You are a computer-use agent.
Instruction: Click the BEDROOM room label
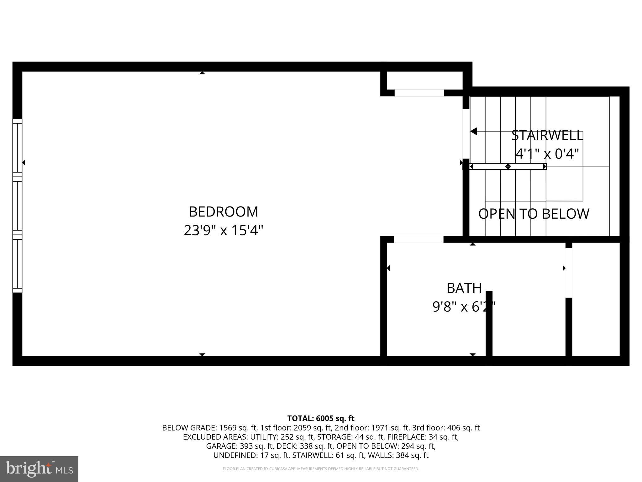tap(223, 212)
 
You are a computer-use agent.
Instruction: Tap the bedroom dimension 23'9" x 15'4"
tap(223, 231)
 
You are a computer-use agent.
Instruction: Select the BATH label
tap(464, 288)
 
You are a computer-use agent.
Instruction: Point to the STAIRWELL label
tap(547, 136)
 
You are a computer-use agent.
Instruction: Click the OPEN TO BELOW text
tap(534, 214)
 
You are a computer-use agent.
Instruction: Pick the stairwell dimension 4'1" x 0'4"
tap(547, 154)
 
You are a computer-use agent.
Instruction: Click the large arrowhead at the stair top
tap(474, 131)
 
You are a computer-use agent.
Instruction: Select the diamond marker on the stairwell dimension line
tap(508, 166)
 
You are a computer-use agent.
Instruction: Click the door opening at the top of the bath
tap(418, 239)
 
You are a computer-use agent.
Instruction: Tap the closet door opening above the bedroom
tap(419, 93)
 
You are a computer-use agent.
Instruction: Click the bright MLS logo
tap(39, 469)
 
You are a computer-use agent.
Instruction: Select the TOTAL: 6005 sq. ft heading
tap(321, 418)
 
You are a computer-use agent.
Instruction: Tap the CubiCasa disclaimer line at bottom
tap(321, 469)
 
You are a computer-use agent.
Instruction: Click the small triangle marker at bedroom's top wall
tap(202, 73)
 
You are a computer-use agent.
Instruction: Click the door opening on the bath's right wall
tap(569, 273)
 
